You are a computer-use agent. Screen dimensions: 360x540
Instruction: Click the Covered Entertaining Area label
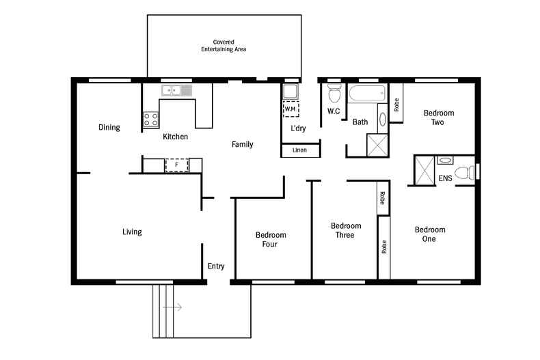(x=223, y=46)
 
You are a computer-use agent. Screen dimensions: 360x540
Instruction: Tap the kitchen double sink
(x=176, y=89)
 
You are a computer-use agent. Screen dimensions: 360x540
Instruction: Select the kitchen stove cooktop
(x=150, y=120)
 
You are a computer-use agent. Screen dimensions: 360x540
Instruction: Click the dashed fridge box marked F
(x=176, y=165)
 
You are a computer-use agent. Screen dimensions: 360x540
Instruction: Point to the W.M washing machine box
(x=290, y=109)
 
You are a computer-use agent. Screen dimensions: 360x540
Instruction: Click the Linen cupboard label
(x=299, y=150)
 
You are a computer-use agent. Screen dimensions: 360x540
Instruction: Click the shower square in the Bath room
(x=377, y=145)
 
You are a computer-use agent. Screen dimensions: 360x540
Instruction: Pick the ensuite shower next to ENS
(x=424, y=169)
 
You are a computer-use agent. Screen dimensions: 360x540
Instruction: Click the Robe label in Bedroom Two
(x=396, y=105)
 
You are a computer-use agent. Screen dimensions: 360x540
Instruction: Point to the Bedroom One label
(x=429, y=234)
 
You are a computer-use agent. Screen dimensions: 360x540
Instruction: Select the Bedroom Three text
(x=345, y=230)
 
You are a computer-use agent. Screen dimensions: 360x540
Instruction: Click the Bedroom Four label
(x=270, y=239)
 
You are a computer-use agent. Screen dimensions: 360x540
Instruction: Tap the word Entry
(x=216, y=266)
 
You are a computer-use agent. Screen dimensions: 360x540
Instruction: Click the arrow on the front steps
(x=172, y=307)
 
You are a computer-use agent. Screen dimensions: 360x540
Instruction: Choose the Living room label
(x=132, y=232)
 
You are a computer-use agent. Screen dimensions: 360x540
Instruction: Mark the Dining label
(x=109, y=127)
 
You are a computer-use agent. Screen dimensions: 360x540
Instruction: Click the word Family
(x=242, y=144)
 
